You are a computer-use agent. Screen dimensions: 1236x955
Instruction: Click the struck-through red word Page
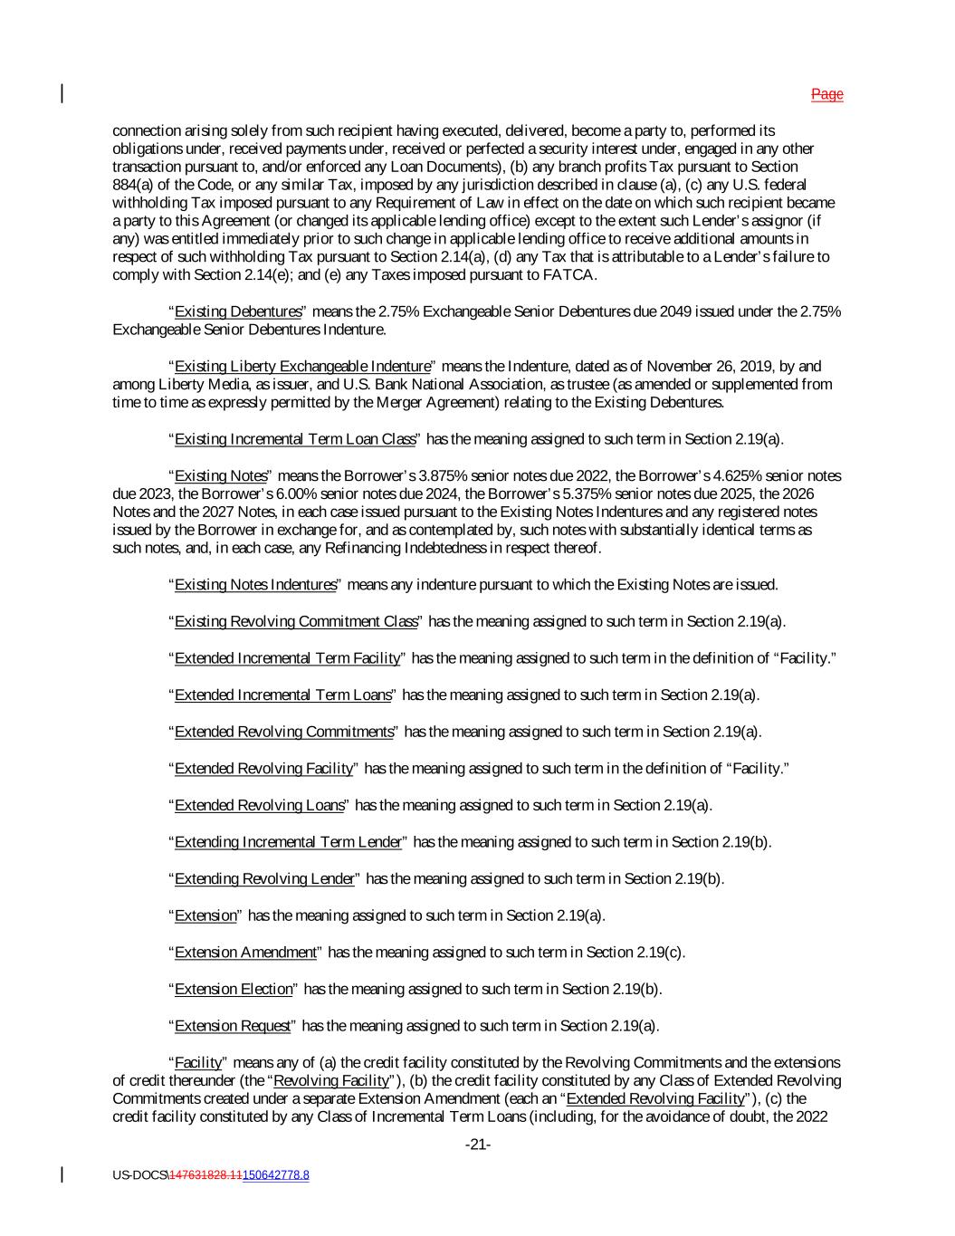pos(826,94)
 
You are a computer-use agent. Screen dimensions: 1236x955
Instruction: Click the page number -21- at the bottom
pos(478,1145)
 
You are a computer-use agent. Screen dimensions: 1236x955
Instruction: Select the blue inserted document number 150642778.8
pos(275,1175)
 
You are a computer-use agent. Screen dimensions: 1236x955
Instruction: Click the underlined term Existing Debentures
pos(237,312)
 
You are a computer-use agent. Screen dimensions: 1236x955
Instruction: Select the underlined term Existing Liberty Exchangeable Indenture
pos(302,367)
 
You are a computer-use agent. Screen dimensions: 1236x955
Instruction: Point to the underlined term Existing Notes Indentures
pos(254,585)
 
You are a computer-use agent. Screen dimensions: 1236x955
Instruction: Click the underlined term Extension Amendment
pos(245,953)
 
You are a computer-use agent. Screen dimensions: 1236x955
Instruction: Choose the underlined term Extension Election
pos(234,989)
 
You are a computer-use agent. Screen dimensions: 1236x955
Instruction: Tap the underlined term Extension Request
pos(233,1026)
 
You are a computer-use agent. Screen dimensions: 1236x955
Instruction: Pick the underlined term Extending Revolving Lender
pos(263,878)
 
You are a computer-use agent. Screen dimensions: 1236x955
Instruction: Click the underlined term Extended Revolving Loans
pos(259,805)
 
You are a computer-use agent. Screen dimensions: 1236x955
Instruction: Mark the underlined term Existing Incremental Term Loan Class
pos(294,439)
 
